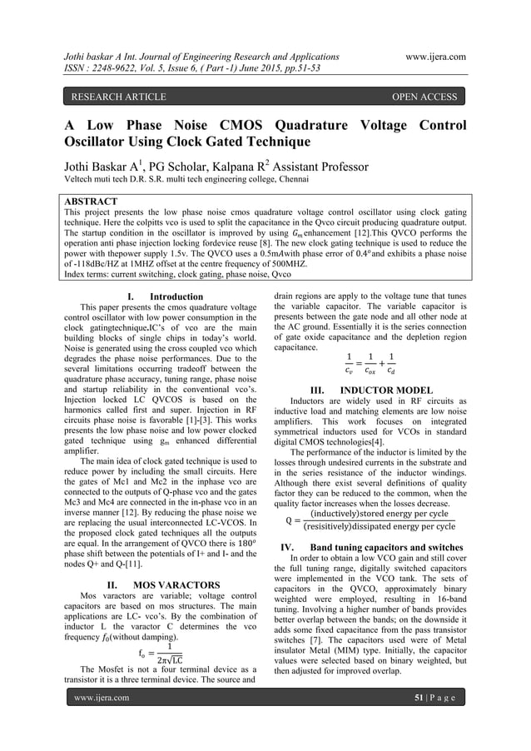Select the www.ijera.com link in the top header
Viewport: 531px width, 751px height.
coord(433,57)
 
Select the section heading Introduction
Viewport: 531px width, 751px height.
coord(176,296)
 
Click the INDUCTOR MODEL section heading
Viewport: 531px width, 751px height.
coord(382,390)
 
